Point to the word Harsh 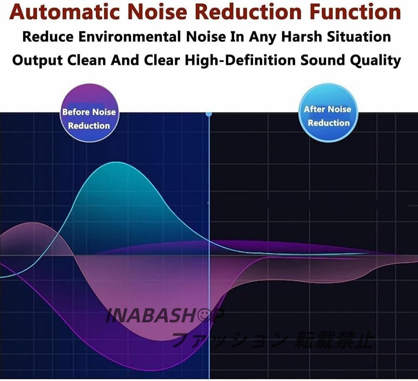301,36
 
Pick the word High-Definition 240,60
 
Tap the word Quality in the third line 375,61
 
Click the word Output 37,61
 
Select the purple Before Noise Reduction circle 89,113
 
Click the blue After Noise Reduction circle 328,113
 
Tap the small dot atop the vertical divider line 209,114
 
